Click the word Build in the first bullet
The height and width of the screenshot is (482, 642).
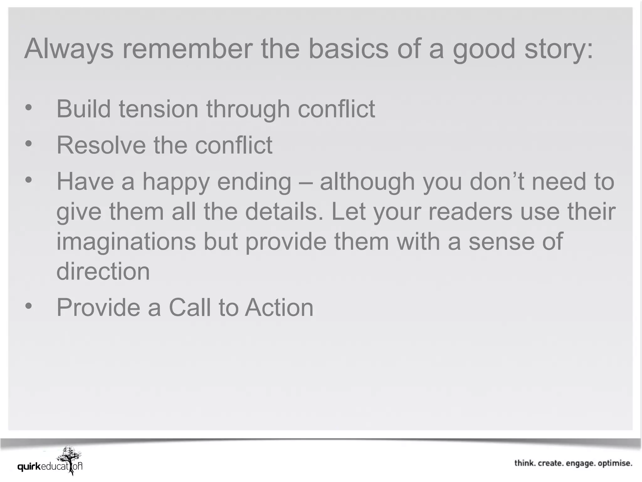(x=83, y=109)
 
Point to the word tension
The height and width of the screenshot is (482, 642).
(x=158, y=110)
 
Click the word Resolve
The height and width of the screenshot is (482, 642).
(x=101, y=145)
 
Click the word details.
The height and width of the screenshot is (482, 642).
(x=284, y=212)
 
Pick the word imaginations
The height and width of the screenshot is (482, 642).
(x=126, y=243)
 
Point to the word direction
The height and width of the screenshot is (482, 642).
(x=103, y=271)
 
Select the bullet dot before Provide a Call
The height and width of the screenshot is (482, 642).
(x=29, y=306)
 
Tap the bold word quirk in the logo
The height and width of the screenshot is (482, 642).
(x=29, y=467)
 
